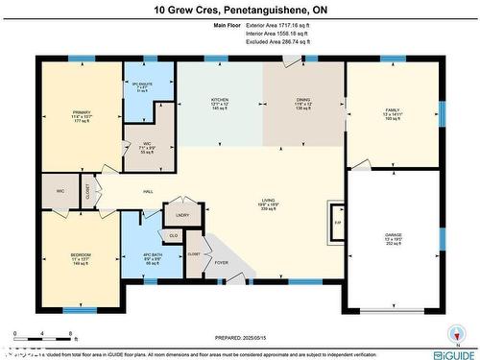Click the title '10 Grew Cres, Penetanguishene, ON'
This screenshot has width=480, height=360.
tap(240, 11)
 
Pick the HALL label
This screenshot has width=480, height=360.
tap(149, 191)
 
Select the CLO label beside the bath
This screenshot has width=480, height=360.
tap(173, 234)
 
